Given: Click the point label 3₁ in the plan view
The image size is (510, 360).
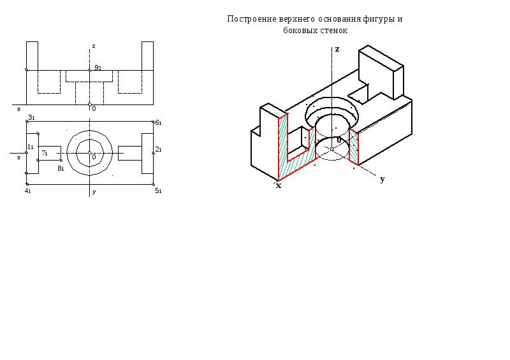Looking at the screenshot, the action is pyautogui.click(x=31, y=117).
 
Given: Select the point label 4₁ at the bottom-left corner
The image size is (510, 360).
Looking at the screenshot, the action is pyautogui.click(x=27, y=191).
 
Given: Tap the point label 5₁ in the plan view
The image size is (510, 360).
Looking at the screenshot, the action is pyautogui.click(x=158, y=191).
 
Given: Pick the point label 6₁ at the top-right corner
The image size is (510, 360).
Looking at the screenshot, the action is pyautogui.click(x=158, y=122).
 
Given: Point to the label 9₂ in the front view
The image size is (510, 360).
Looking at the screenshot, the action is pyautogui.click(x=98, y=68).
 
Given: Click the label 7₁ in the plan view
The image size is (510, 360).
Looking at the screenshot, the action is pyautogui.click(x=45, y=153).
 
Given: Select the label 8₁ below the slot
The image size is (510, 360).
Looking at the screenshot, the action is pyautogui.click(x=61, y=168).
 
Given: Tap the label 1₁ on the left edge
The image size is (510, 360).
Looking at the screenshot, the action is pyautogui.click(x=30, y=147).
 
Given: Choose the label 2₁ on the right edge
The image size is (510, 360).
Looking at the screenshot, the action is pyautogui.click(x=158, y=149).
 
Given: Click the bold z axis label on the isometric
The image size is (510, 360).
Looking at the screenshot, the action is pyautogui.click(x=337, y=49).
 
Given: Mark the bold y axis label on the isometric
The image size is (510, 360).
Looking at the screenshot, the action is pyautogui.click(x=382, y=179).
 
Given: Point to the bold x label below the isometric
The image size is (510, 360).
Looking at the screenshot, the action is pyautogui.click(x=279, y=185).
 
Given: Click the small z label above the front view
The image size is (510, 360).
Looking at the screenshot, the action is pyautogui.click(x=94, y=46).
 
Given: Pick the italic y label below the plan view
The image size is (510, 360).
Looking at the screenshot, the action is pyautogui.click(x=94, y=192).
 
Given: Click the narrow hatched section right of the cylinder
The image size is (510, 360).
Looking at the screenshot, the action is pyautogui.click(x=354, y=147).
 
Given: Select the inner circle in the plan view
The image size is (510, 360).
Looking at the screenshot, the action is pyautogui.click(x=89, y=153).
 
